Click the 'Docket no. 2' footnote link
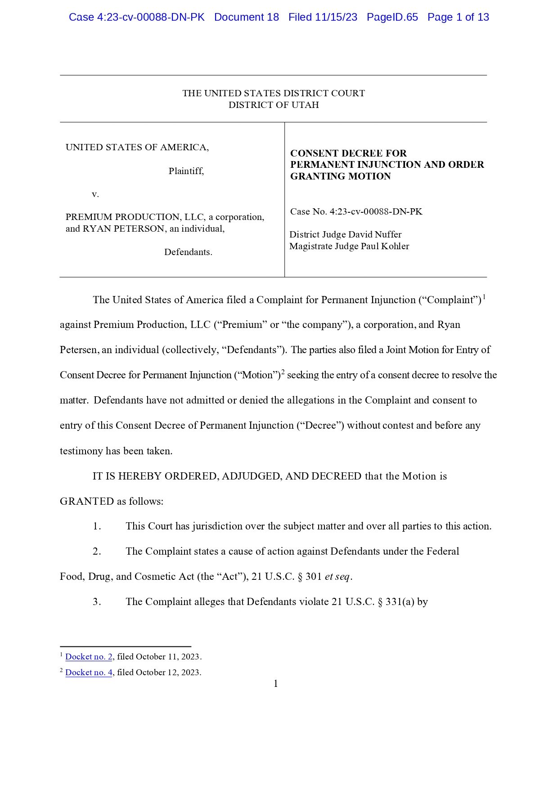89,657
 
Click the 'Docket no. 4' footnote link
89,672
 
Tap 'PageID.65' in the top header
392,17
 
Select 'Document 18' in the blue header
246,17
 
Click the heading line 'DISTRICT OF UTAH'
274,105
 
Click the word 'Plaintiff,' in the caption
186,171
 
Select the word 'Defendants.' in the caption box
188,252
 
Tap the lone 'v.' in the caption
95,194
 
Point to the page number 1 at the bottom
276,684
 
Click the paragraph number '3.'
97,602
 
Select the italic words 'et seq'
337,577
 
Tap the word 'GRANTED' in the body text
87,501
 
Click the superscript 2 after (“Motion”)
283,372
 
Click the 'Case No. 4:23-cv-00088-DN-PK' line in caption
356,211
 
